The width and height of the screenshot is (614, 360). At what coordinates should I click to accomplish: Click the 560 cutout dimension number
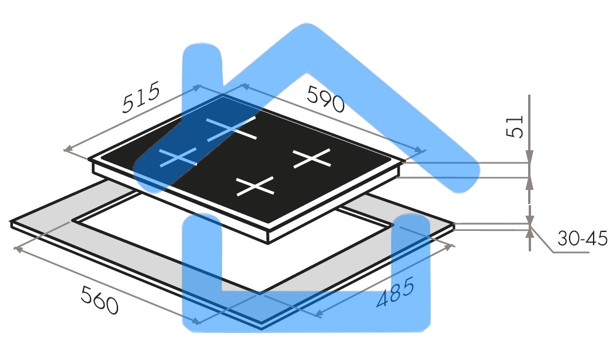tap(100, 301)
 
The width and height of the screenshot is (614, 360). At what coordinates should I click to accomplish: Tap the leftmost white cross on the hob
tap(177, 156)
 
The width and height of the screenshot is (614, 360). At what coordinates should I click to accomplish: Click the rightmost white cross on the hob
tap(311, 158)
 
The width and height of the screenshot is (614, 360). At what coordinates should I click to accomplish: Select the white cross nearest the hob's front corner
tap(255, 186)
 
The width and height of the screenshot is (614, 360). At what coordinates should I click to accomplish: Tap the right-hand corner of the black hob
tap(405, 163)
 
